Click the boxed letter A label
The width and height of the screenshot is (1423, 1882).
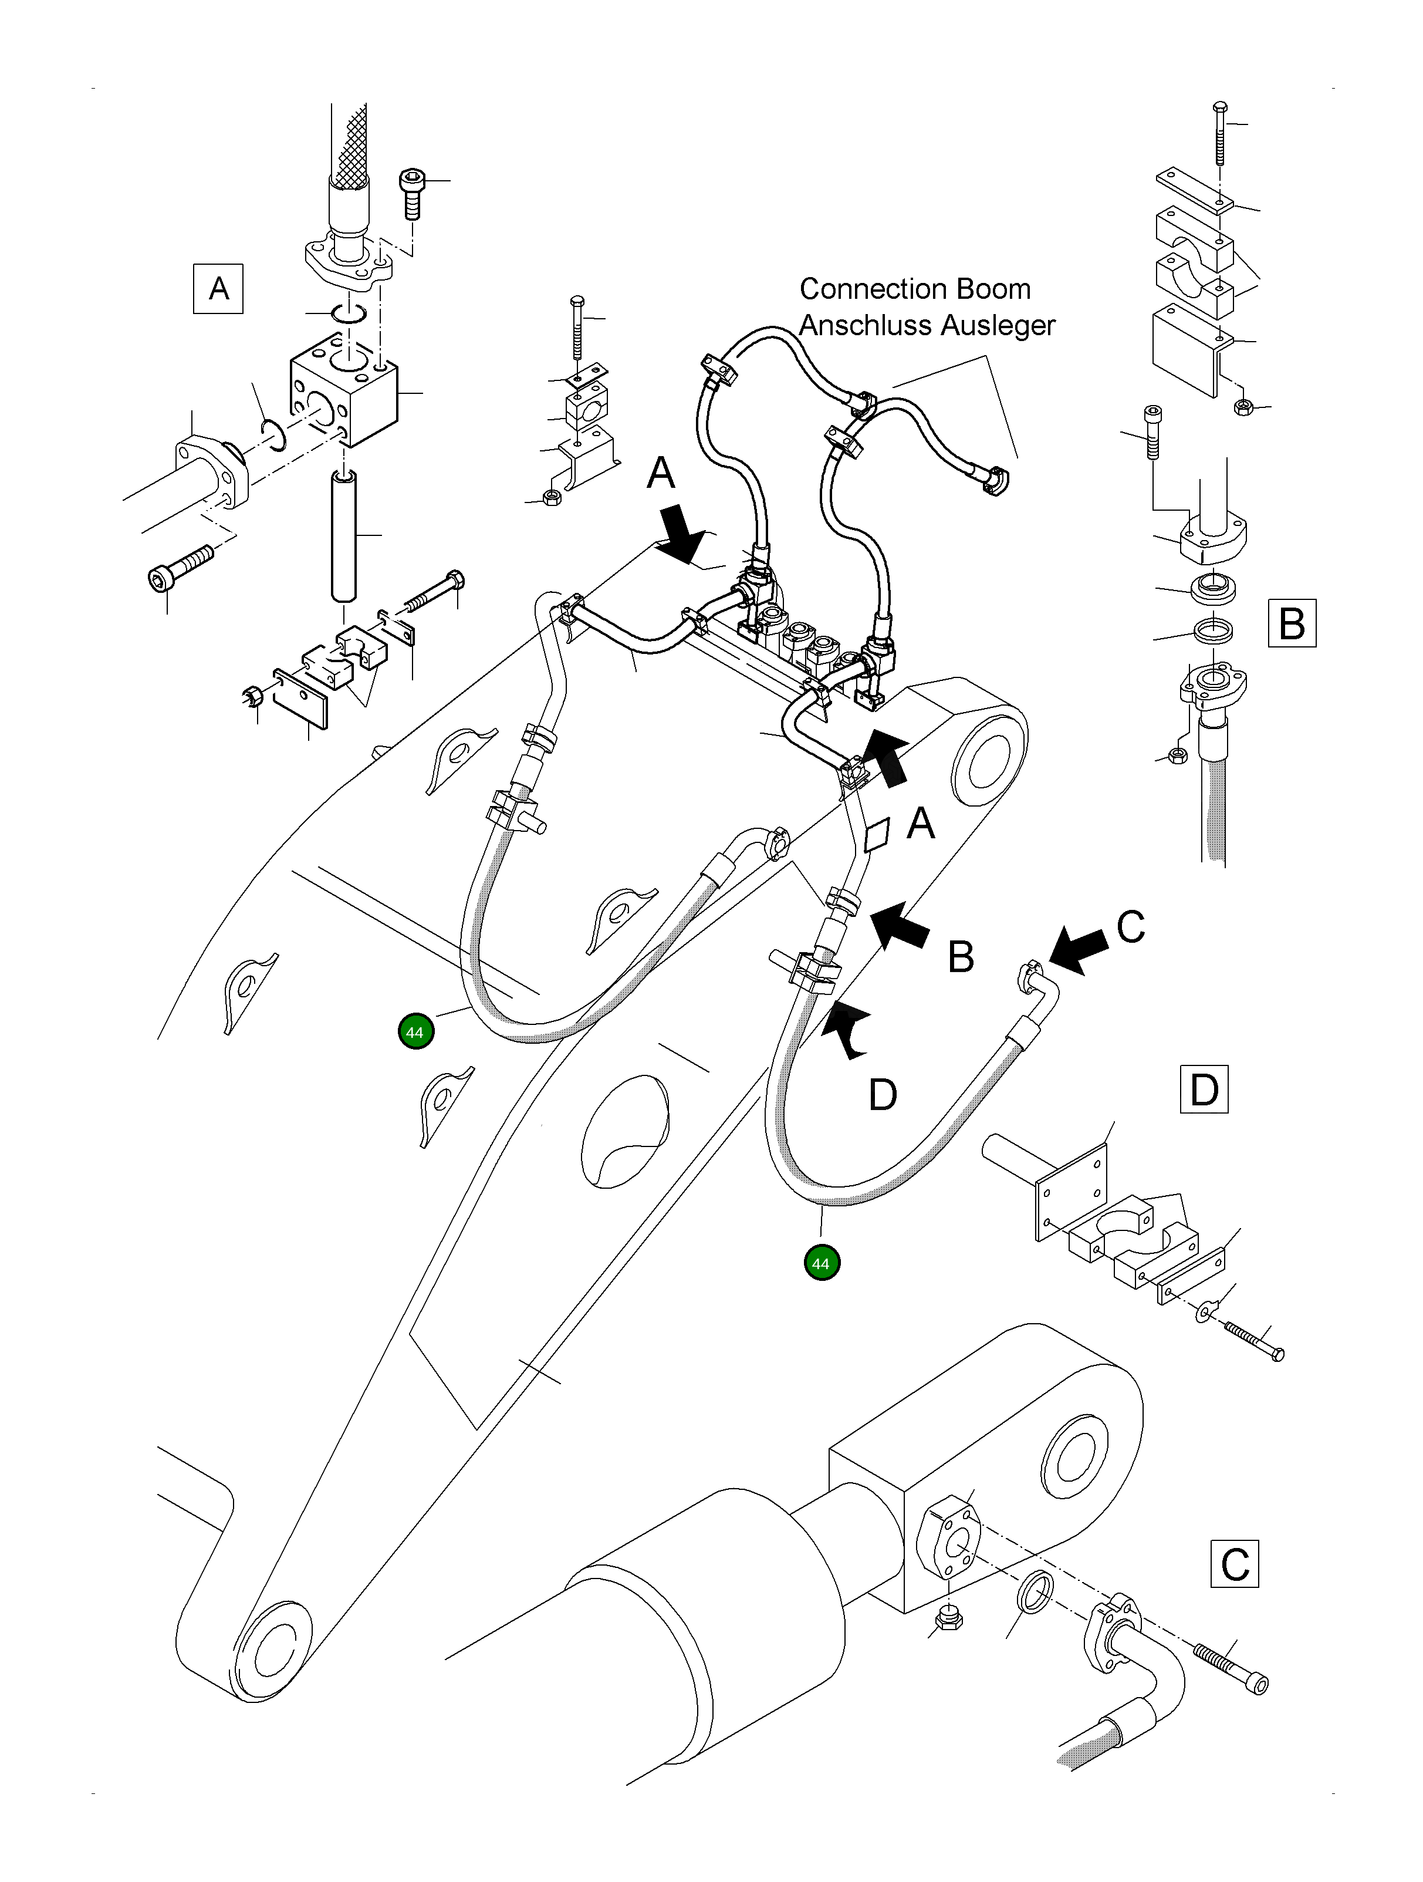(219, 289)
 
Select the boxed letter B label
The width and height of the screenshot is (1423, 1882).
(1291, 623)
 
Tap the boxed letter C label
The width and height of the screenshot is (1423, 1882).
(1234, 1564)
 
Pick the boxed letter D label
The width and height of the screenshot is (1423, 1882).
(1204, 1090)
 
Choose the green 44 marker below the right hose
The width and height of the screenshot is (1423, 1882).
(821, 1263)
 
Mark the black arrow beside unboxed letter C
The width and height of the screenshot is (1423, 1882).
(1078, 951)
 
